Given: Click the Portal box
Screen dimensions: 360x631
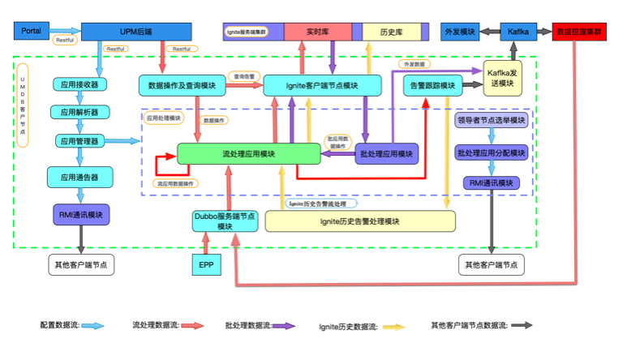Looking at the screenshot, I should (33, 31).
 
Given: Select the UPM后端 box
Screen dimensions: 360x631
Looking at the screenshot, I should (135, 31).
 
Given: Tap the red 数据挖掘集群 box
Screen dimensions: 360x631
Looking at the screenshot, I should (579, 32).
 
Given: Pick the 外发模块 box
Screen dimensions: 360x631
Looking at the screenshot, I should (460, 32).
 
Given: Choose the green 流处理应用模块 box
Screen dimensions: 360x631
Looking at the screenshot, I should (249, 154).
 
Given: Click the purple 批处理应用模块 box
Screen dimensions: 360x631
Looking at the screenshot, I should (387, 153).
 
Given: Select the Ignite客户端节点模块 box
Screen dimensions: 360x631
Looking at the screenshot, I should (322, 84).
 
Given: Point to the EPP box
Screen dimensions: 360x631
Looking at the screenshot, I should (204, 264).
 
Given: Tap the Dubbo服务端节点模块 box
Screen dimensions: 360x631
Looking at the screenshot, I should (225, 221).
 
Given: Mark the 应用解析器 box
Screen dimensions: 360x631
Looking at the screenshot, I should (79, 112).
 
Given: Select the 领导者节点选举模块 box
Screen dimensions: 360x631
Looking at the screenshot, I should (491, 121).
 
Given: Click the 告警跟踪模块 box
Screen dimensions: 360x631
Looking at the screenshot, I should (431, 84).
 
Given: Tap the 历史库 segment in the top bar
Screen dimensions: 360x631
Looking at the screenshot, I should (393, 32).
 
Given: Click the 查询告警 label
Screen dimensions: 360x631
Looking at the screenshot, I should (244, 76).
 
